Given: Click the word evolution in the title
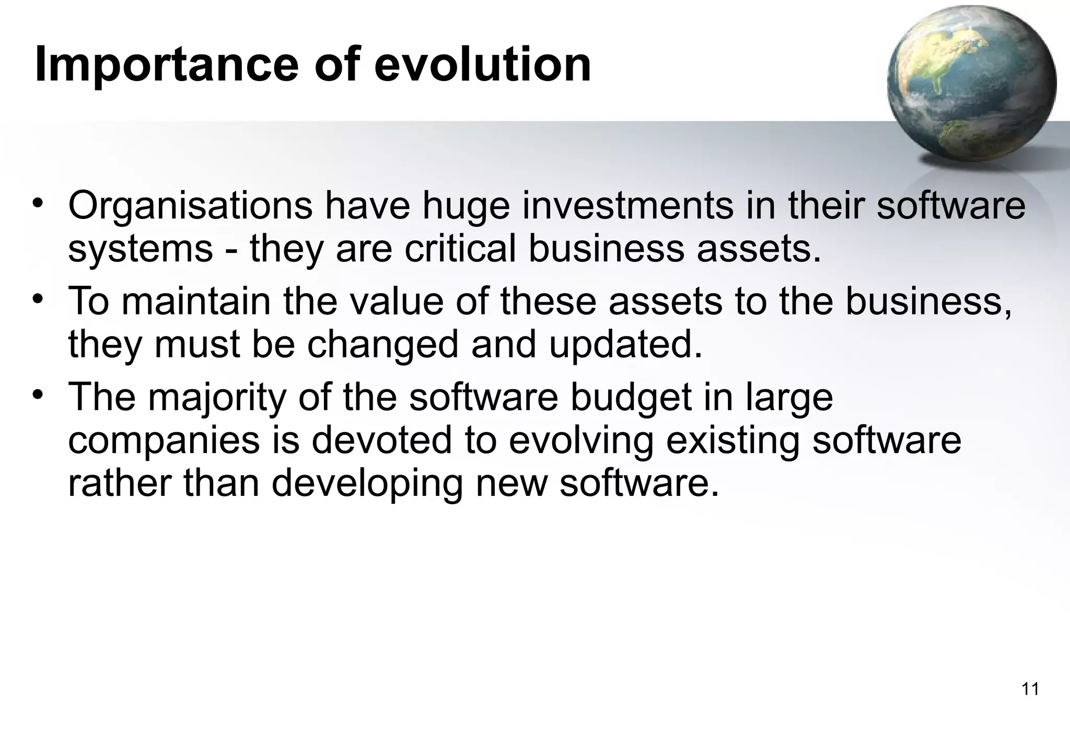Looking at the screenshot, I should pyautogui.click(x=482, y=64).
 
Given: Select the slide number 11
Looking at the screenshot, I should pyautogui.click(x=1030, y=689).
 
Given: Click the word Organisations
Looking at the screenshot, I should pyautogui.click(x=190, y=206).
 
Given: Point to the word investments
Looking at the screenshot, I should pyautogui.click(x=627, y=206).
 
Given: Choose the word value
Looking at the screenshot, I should pyautogui.click(x=396, y=302).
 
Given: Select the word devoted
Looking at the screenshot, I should pyautogui.click(x=381, y=440).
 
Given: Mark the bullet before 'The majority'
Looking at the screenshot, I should pyautogui.click(x=37, y=395).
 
